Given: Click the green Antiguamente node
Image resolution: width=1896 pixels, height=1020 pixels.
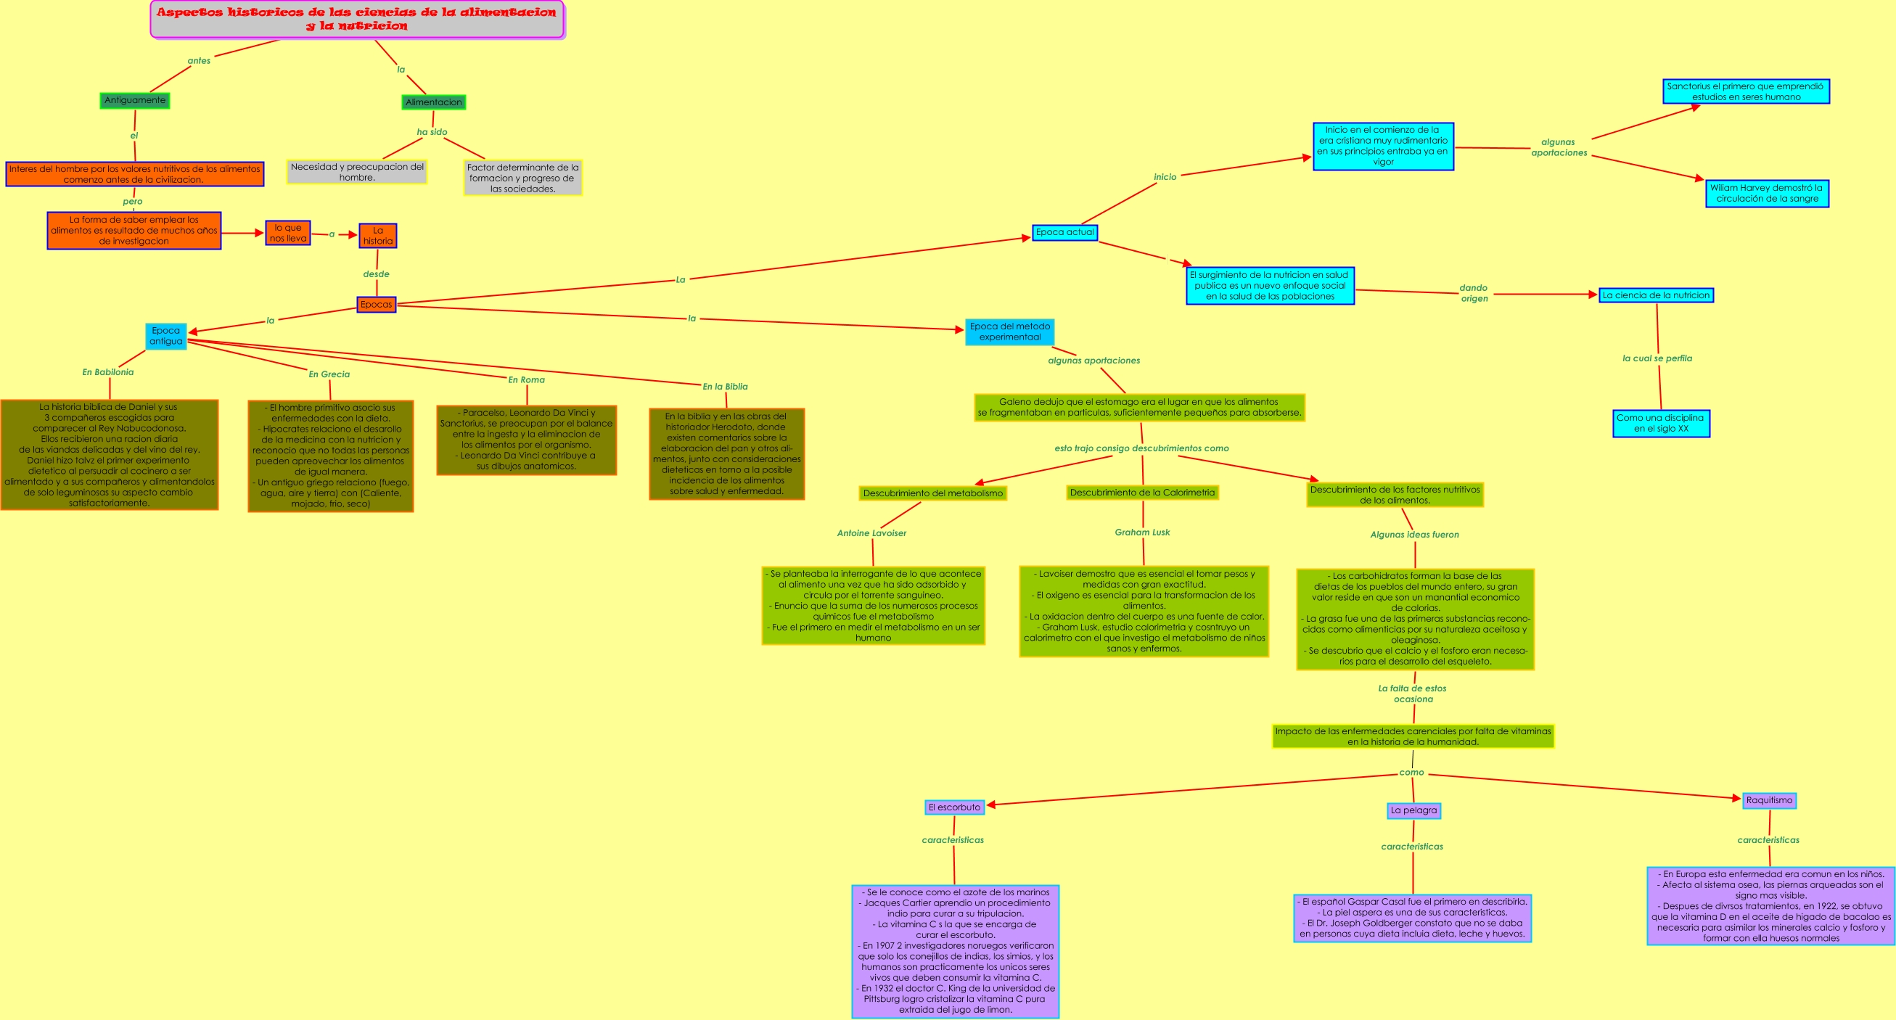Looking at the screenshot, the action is click(135, 101).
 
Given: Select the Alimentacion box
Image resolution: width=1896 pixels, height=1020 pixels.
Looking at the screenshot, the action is click(433, 102).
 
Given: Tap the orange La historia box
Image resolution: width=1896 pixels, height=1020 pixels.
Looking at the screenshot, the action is click(377, 236).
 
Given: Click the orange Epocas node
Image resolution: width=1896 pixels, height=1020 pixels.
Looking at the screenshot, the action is click(376, 305).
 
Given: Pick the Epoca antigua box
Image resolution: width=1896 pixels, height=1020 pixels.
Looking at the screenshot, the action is click(165, 337).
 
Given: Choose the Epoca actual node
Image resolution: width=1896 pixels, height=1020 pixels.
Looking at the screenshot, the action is click(1064, 233).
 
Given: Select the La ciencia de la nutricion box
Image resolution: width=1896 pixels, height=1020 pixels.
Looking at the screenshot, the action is click(1655, 296).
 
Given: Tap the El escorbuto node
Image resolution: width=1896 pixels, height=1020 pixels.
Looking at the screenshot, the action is click(954, 807).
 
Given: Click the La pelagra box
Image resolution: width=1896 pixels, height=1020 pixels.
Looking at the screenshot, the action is click(1413, 810).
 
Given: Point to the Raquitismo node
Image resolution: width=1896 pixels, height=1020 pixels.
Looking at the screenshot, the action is click(1769, 801).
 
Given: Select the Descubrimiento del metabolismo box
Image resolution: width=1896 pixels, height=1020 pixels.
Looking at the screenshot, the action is click(932, 493).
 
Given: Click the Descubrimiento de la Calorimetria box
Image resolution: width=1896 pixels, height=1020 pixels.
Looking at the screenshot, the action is click(1141, 493).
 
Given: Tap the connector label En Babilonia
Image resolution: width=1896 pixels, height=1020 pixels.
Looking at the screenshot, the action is click(108, 372).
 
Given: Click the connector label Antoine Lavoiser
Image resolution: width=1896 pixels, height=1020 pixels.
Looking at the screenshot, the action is click(871, 533).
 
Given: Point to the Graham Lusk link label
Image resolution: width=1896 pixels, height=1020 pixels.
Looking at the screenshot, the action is click(1141, 532).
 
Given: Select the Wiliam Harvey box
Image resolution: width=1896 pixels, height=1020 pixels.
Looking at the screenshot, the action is click(1766, 194).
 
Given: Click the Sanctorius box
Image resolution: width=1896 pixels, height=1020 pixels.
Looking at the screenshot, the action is click(1745, 92).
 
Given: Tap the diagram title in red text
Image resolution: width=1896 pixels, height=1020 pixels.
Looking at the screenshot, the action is click(357, 19).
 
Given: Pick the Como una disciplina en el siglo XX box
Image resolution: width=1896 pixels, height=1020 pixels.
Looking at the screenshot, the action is click(1660, 423).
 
